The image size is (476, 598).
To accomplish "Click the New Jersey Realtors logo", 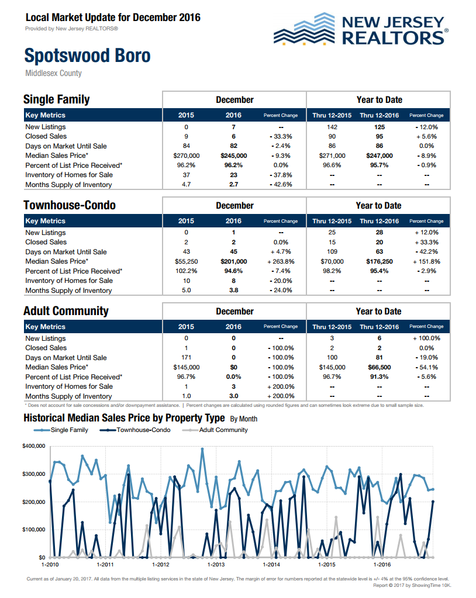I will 359,30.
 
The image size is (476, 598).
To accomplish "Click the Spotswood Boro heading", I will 87,56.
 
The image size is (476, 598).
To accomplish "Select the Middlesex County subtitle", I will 54,74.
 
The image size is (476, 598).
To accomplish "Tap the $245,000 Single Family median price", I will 233,156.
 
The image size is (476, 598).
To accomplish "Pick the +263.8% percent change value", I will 281,262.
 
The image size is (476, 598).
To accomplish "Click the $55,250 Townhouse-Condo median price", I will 187,262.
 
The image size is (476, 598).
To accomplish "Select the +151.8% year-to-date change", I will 426,262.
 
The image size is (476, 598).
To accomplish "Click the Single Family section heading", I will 57,99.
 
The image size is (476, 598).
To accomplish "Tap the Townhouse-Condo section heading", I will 70,205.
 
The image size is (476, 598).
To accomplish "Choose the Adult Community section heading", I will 66,311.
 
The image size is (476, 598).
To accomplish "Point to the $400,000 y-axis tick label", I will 33,447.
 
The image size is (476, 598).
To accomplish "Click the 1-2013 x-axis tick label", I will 215,565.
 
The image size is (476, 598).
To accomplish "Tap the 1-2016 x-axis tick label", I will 382,565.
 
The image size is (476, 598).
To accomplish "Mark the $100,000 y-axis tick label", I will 33,530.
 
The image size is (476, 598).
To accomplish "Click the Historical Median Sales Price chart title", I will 124,418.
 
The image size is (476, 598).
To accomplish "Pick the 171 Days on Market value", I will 187,358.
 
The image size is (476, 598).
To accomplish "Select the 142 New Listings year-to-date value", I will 332,127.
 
